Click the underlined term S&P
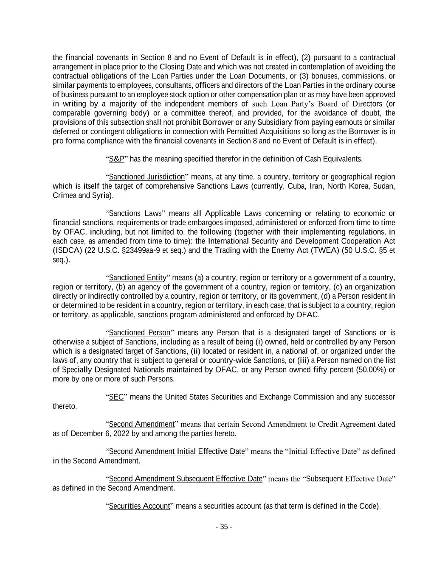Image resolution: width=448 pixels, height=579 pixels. (116, 159)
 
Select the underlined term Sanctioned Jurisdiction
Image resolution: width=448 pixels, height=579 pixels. (147, 177)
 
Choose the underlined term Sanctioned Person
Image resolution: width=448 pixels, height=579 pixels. (139, 333)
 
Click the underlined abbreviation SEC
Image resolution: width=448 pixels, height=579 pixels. (116, 397)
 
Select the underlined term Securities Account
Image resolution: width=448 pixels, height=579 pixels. (139, 506)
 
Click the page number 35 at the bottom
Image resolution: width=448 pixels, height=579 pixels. (224, 527)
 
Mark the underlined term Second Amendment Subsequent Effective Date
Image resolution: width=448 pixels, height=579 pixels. (186, 479)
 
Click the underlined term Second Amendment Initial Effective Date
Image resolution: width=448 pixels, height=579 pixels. (177, 451)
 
